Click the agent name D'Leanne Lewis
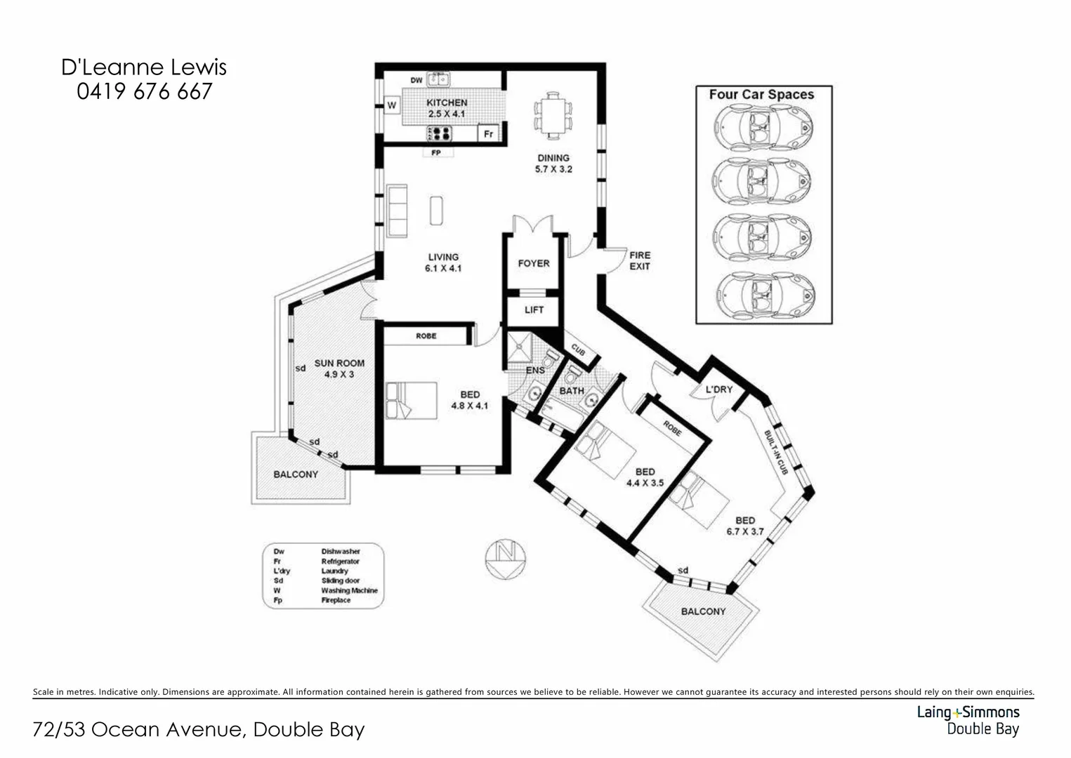[x=144, y=67]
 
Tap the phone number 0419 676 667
[x=144, y=92]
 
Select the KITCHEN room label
[x=447, y=102]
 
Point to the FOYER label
[x=534, y=263]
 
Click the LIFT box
[x=534, y=310]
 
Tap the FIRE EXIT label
[x=639, y=260]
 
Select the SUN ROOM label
[x=339, y=363]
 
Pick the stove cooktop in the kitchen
[x=440, y=133]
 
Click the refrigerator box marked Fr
[x=488, y=133]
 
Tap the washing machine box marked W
[x=392, y=106]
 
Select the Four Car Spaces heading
[x=761, y=95]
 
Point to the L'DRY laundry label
[x=718, y=390]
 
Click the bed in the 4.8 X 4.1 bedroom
[x=411, y=400]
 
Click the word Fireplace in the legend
[x=336, y=600]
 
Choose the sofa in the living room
[x=397, y=211]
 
